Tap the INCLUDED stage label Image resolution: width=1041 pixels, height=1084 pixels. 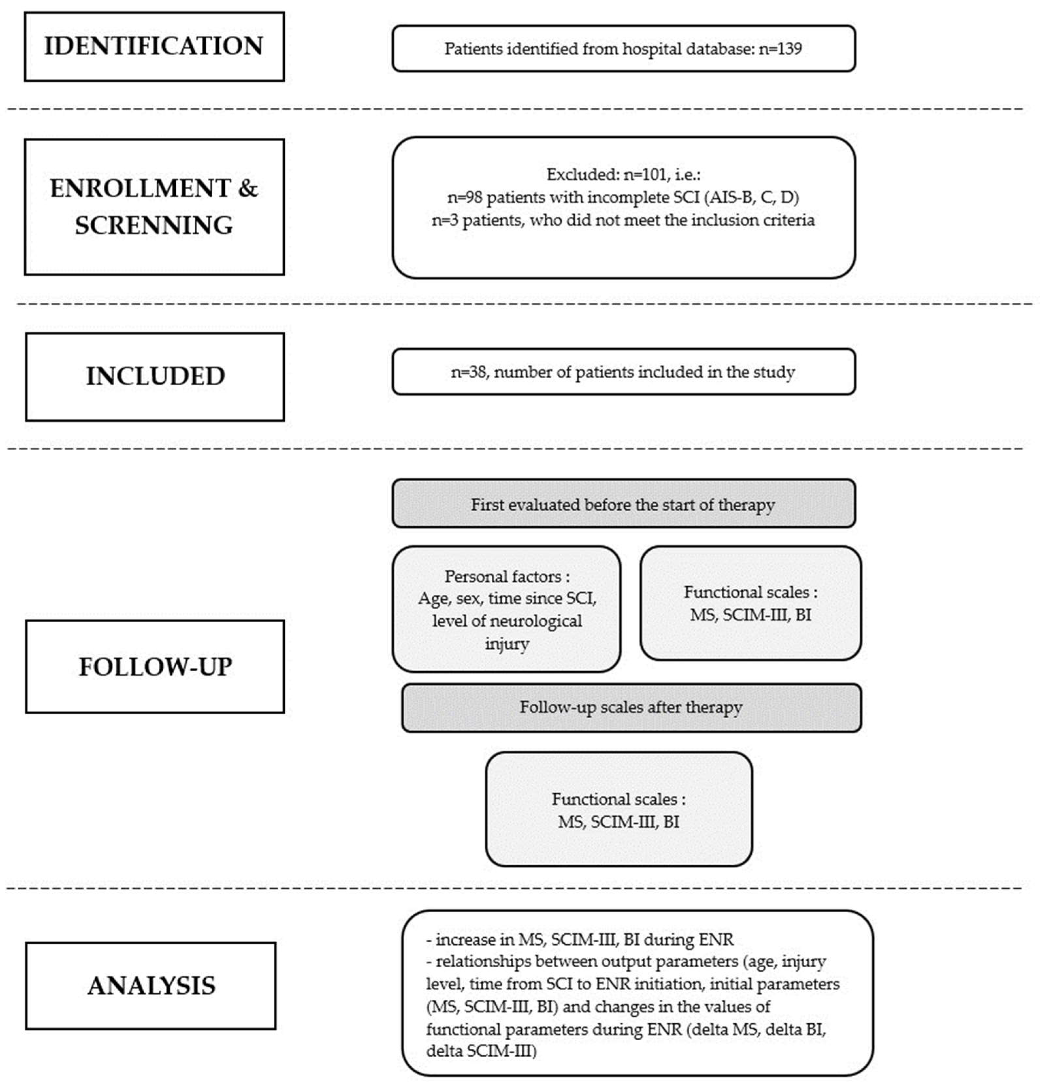coord(155,376)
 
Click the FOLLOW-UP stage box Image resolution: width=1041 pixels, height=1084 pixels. coord(155,666)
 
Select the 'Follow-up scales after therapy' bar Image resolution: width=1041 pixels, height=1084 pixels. coord(631,707)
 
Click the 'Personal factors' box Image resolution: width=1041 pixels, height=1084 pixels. coord(506,609)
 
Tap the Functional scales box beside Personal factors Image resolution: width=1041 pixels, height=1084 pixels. coord(750,603)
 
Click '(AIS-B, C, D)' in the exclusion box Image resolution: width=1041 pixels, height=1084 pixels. coord(753,197)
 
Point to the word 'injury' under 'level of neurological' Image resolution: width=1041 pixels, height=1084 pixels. coord(507,644)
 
